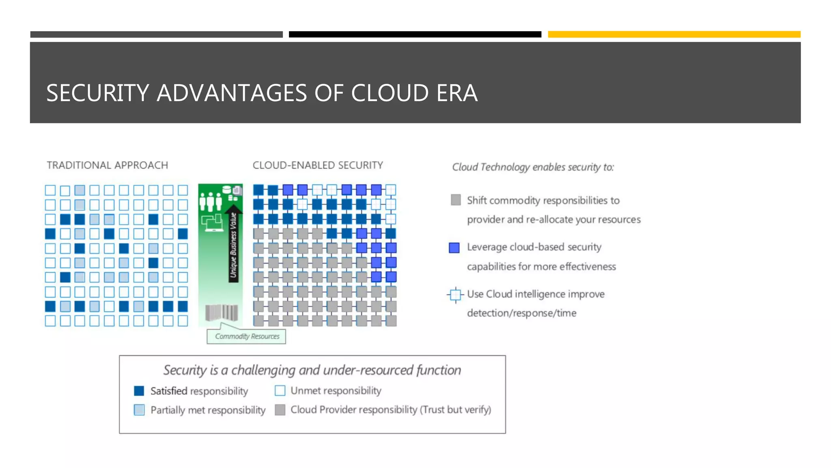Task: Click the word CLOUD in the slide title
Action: [390, 93]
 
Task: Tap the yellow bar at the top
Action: [674, 35]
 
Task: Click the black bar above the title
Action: [415, 35]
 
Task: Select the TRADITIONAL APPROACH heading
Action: [107, 165]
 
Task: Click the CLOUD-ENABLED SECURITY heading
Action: [318, 165]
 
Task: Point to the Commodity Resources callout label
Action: [247, 336]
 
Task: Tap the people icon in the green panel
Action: [210, 201]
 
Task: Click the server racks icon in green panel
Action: [222, 313]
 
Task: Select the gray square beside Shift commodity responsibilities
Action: [456, 200]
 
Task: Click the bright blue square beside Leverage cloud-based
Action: [454, 247]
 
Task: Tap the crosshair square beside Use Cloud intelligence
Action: [455, 295]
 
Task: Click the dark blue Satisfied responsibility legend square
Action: [139, 391]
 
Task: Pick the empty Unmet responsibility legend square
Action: [280, 390]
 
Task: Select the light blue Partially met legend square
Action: [139, 409]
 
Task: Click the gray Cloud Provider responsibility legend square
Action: [280, 409]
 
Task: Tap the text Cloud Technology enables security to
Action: [532, 167]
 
